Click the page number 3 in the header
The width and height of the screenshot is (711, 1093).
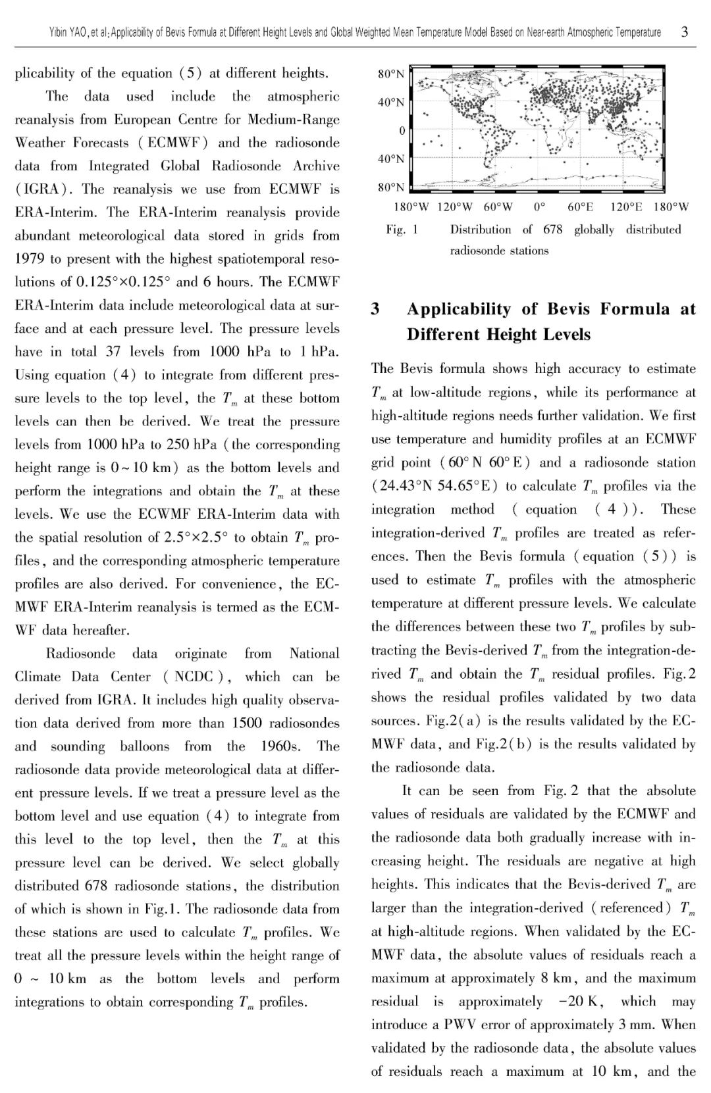point(685,31)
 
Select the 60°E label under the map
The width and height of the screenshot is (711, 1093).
point(581,207)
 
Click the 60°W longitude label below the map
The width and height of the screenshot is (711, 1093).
point(498,207)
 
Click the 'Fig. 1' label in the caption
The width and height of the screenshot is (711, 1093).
point(402,230)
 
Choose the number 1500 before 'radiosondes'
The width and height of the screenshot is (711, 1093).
point(248,723)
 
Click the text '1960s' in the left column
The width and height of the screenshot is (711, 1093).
point(282,746)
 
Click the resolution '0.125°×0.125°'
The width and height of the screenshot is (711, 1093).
point(119,282)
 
